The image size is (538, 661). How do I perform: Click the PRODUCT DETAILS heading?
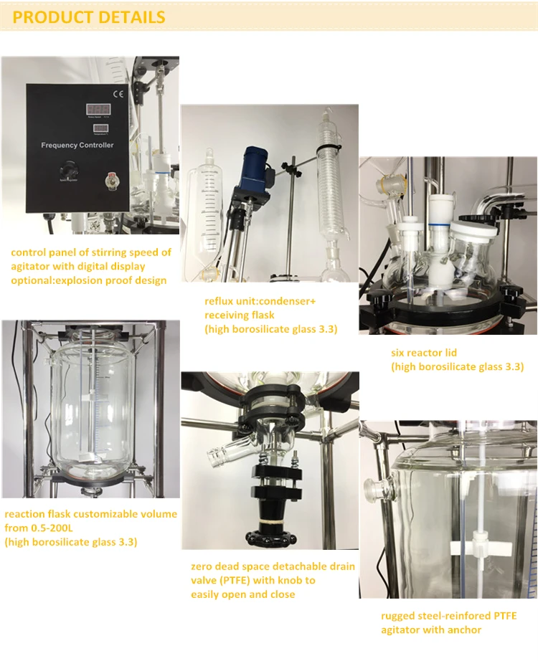coord(89,17)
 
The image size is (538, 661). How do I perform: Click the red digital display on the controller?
coord(98,108)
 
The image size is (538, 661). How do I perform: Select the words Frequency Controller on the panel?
coord(77,146)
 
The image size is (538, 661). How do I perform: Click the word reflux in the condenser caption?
coord(220,300)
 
